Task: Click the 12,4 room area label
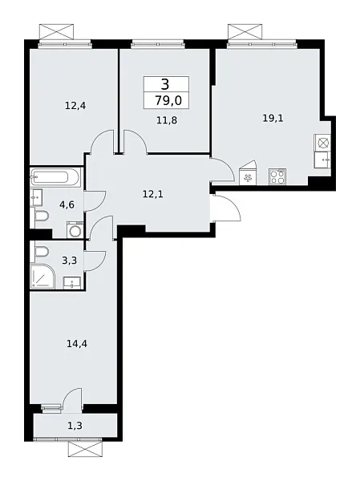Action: [75, 106]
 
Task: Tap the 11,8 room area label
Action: [167, 120]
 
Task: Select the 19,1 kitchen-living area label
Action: [273, 118]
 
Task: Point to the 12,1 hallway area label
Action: [153, 194]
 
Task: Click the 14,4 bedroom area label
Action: [77, 344]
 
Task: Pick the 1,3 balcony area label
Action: [75, 426]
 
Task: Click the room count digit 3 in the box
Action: [165, 84]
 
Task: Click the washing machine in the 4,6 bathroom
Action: [75, 230]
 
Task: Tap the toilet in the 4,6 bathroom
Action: [42, 216]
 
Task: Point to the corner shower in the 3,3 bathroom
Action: [42, 276]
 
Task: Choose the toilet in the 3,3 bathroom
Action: [42, 253]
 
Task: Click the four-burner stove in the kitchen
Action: [277, 176]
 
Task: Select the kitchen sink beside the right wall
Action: [322, 160]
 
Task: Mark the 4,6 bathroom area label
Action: [67, 204]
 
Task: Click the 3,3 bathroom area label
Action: [70, 261]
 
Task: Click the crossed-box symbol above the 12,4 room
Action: [57, 32]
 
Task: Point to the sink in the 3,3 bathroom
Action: [72, 283]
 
